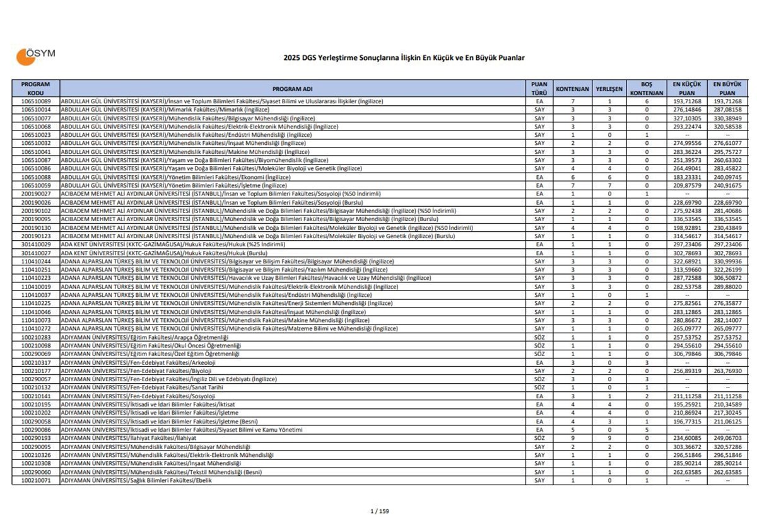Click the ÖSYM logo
point(35,56)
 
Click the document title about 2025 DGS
point(404,57)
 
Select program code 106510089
point(36,101)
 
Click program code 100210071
point(36,481)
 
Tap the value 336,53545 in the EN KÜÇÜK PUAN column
point(686,219)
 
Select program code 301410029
point(36,244)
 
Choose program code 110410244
point(36,261)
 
